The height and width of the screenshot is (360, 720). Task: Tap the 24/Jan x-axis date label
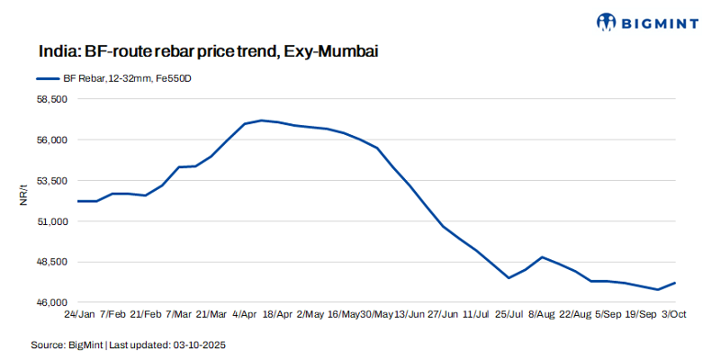tap(79, 315)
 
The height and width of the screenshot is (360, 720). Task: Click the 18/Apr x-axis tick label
tap(275, 315)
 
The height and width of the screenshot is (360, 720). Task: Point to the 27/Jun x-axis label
tap(445, 315)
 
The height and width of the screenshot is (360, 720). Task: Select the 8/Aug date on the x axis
tap(541, 315)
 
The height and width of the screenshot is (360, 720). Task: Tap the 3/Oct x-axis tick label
tap(675, 315)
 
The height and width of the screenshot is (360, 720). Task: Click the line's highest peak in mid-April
tap(261, 121)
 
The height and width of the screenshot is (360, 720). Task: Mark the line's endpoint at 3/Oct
tap(675, 283)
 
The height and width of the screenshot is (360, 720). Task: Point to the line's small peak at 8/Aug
tap(542, 257)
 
